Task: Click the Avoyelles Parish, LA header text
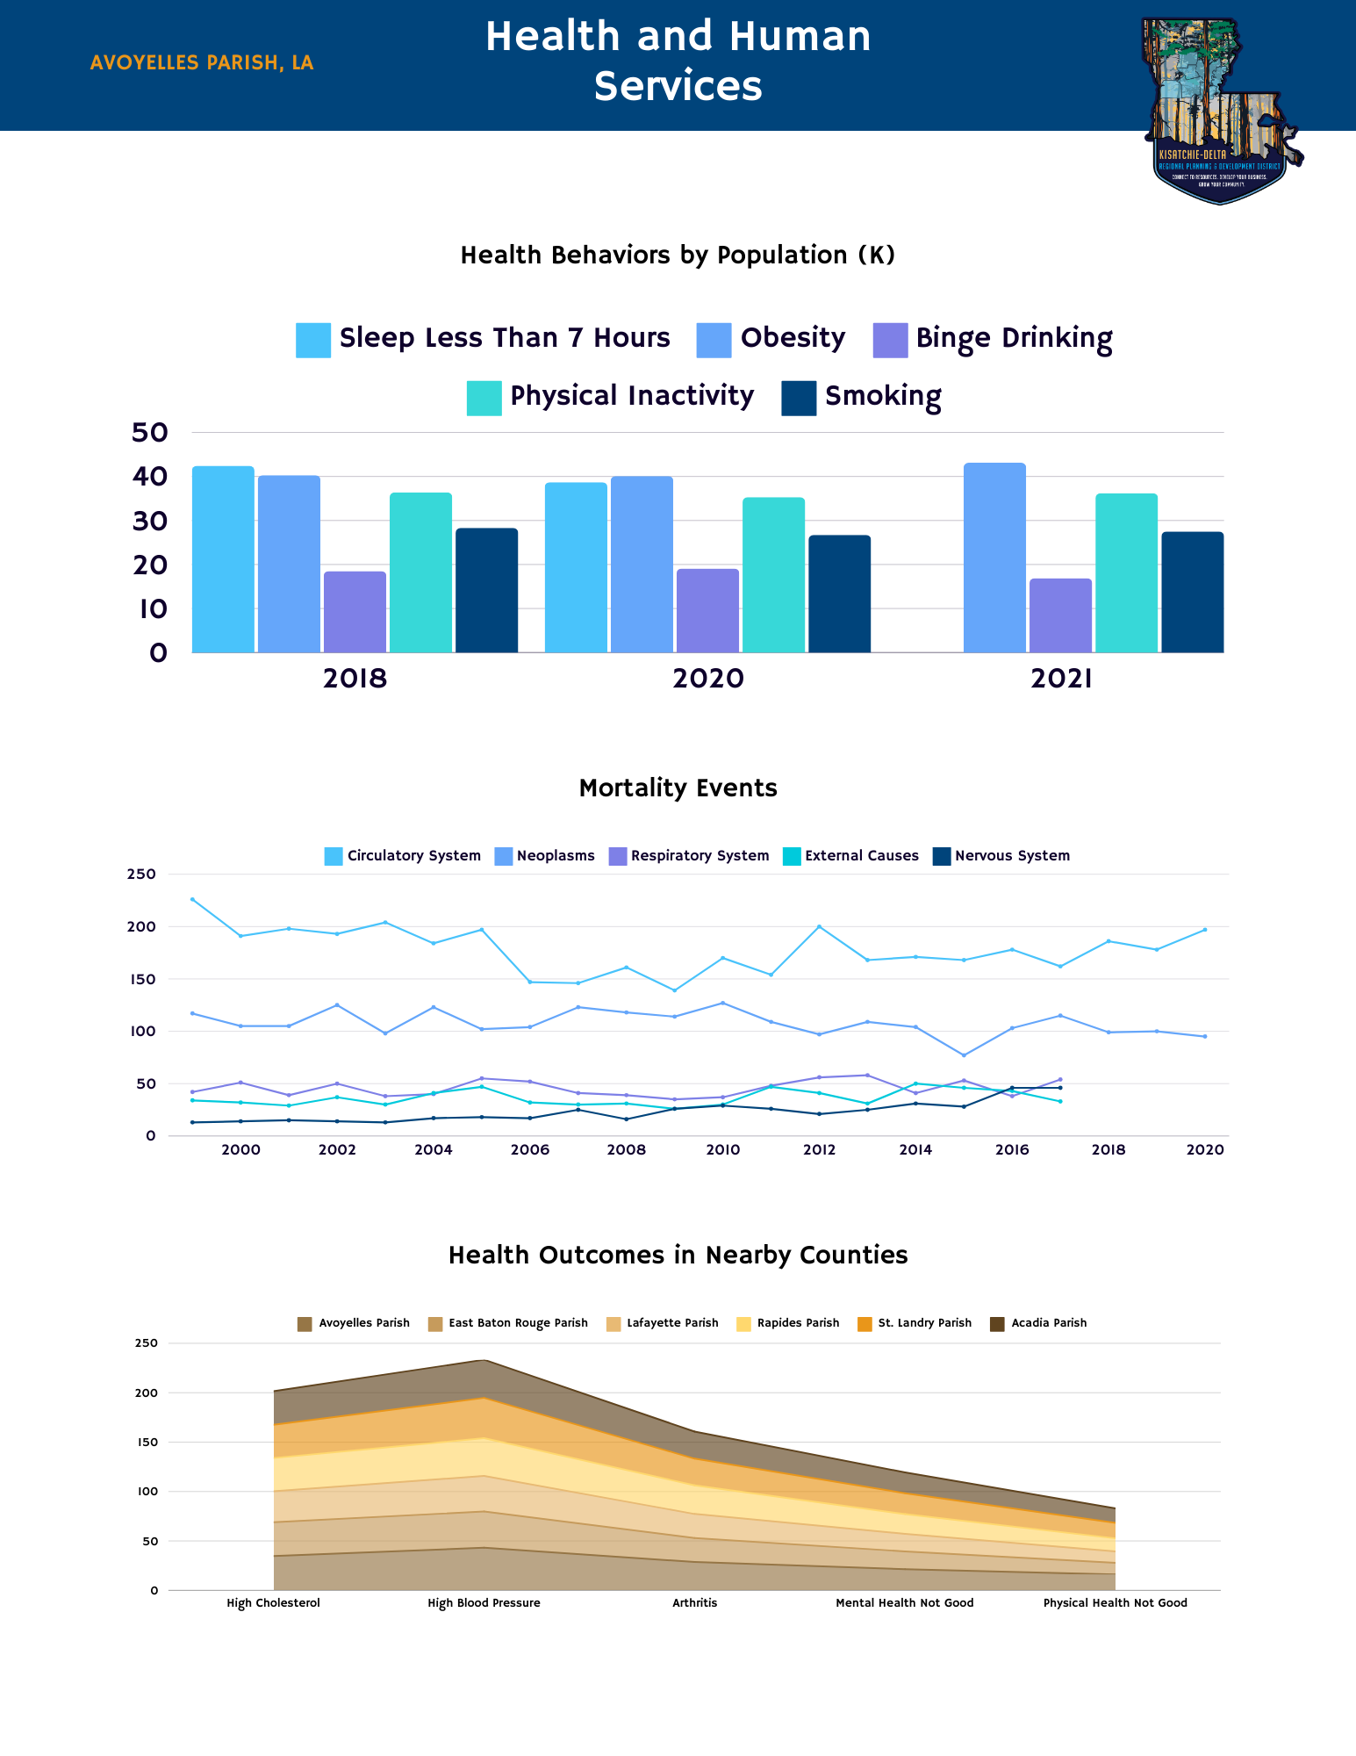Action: (x=202, y=63)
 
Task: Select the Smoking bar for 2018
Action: (x=486, y=590)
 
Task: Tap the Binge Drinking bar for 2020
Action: (x=707, y=611)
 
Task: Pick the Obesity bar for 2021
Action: (x=994, y=558)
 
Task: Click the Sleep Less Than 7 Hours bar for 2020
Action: (x=576, y=567)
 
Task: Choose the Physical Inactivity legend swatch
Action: (x=484, y=398)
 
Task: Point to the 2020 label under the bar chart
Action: (x=707, y=679)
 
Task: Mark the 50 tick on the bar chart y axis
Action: (x=149, y=432)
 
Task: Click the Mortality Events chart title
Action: (x=678, y=788)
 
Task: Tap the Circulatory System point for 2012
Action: (x=819, y=926)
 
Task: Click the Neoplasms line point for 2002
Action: (x=337, y=1005)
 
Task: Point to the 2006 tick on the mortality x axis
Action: (x=530, y=1150)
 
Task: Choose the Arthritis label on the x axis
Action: (x=694, y=1603)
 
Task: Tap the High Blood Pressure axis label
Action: (x=484, y=1603)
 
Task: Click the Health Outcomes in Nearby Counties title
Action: (x=678, y=1256)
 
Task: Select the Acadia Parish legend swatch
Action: (x=997, y=1324)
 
